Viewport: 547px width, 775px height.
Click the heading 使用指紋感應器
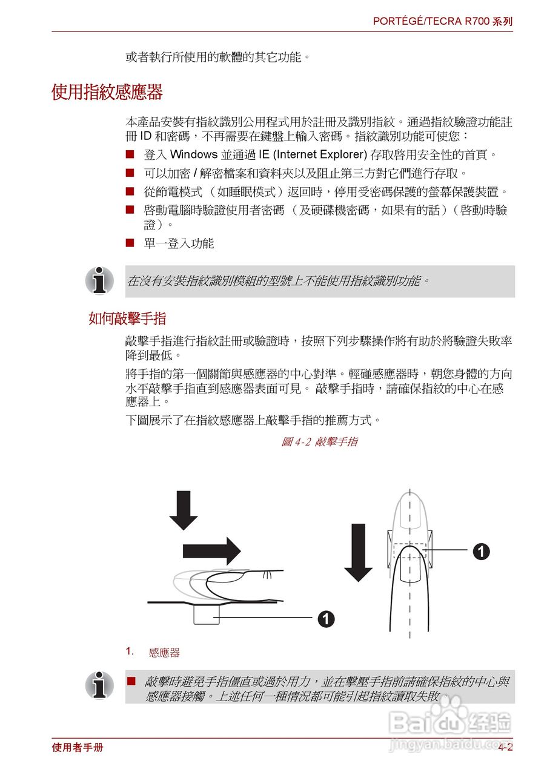click(x=107, y=93)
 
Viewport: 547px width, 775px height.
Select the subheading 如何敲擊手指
click(x=127, y=318)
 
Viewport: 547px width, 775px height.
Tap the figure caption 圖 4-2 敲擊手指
click(x=319, y=442)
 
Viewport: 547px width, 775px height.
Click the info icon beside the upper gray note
click(x=99, y=280)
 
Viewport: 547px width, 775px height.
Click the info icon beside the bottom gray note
click(x=99, y=685)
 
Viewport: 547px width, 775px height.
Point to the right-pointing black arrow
click(x=212, y=550)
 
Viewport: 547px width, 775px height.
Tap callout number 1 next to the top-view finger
click(x=481, y=551)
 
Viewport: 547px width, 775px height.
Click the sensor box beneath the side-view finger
click(x=206, y=614)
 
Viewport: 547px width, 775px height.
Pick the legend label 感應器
click(x=164, y=653)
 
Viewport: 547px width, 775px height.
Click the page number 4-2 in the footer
click(x=505, y=748)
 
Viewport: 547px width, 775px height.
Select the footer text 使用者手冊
click(x=78, y=748)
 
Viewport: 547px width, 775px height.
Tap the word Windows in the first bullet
click(x=189, y=154)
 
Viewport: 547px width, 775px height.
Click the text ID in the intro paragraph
click(x=146, y=136)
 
